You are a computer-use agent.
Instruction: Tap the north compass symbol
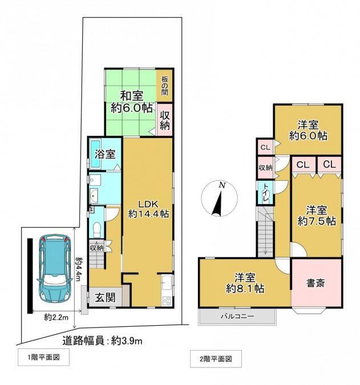coord(219,198)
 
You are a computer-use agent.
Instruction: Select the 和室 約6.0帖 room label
coord(132,102)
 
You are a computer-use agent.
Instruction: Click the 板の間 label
coord(164,86)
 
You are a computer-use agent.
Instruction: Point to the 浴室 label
coord(105,155)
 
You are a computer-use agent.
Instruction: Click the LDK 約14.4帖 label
coord(148,209)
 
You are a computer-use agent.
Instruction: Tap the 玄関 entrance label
coord(105,298)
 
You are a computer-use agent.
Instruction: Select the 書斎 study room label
coord(315,283)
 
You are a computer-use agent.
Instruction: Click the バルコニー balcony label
coord(237,316)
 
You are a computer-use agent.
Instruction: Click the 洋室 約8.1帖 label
coord(245,283)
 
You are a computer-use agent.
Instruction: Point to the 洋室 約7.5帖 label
coord(317,216)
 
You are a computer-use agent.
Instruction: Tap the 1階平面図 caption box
coord(43,357)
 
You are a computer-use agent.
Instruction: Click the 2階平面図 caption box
coord(216,359)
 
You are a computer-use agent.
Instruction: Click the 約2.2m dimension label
coord(56,318)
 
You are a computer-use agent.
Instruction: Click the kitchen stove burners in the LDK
coord(167,301)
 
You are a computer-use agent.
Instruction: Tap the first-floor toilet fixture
coord(97,230)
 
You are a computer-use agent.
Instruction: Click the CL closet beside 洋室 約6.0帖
coord(265,147)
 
